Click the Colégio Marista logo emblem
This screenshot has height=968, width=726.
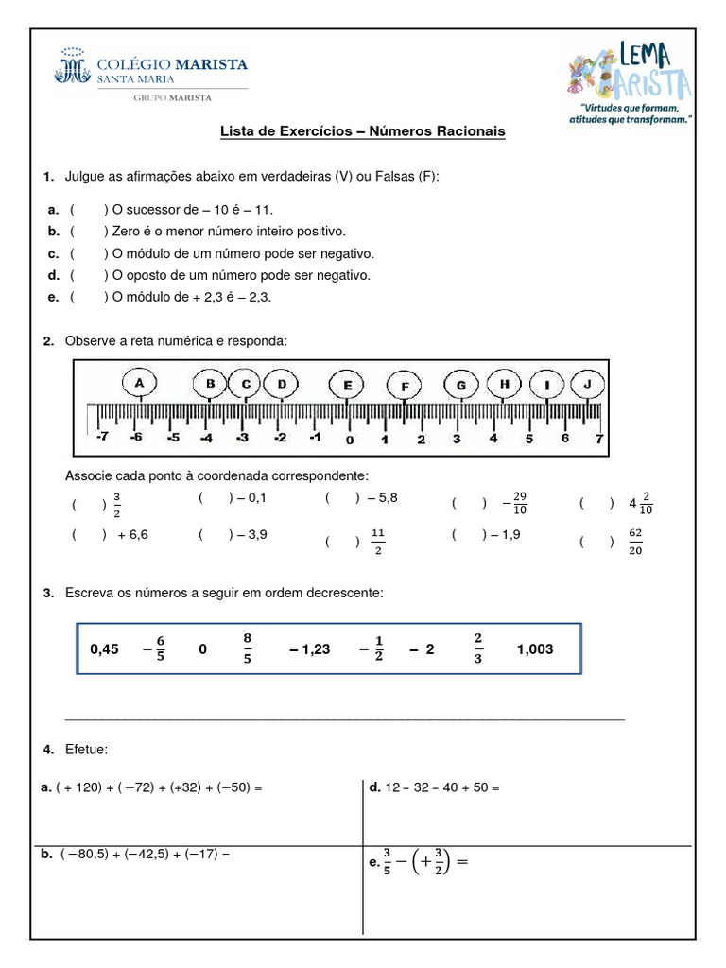[x=75, y=68]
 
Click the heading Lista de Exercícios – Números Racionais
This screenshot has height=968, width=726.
[x=363, y=131]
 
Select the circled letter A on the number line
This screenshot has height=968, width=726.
[x=140, y=383]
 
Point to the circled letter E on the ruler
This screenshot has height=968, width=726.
[x=347, y=385]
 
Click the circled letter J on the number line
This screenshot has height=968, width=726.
[x=588, y=384]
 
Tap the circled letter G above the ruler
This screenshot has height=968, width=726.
[x=460, y=385]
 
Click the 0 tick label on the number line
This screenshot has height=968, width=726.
[x=349, y=440]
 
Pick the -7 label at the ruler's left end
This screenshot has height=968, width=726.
[x=101, y=438]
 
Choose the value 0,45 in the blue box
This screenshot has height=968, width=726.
[x=104, y=649]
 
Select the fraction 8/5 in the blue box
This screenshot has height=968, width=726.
[x=248, y=648]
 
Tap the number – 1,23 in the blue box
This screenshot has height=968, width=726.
[x=309, y=649]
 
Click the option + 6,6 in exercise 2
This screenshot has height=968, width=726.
[x=132, y=534]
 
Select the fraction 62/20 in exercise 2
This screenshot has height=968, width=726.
[x=635, y=542]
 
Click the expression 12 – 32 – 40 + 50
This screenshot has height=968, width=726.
[x=441, y=786]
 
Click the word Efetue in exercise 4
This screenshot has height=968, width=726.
[x=86, y=750]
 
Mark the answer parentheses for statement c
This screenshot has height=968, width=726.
[x=88, y=253]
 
